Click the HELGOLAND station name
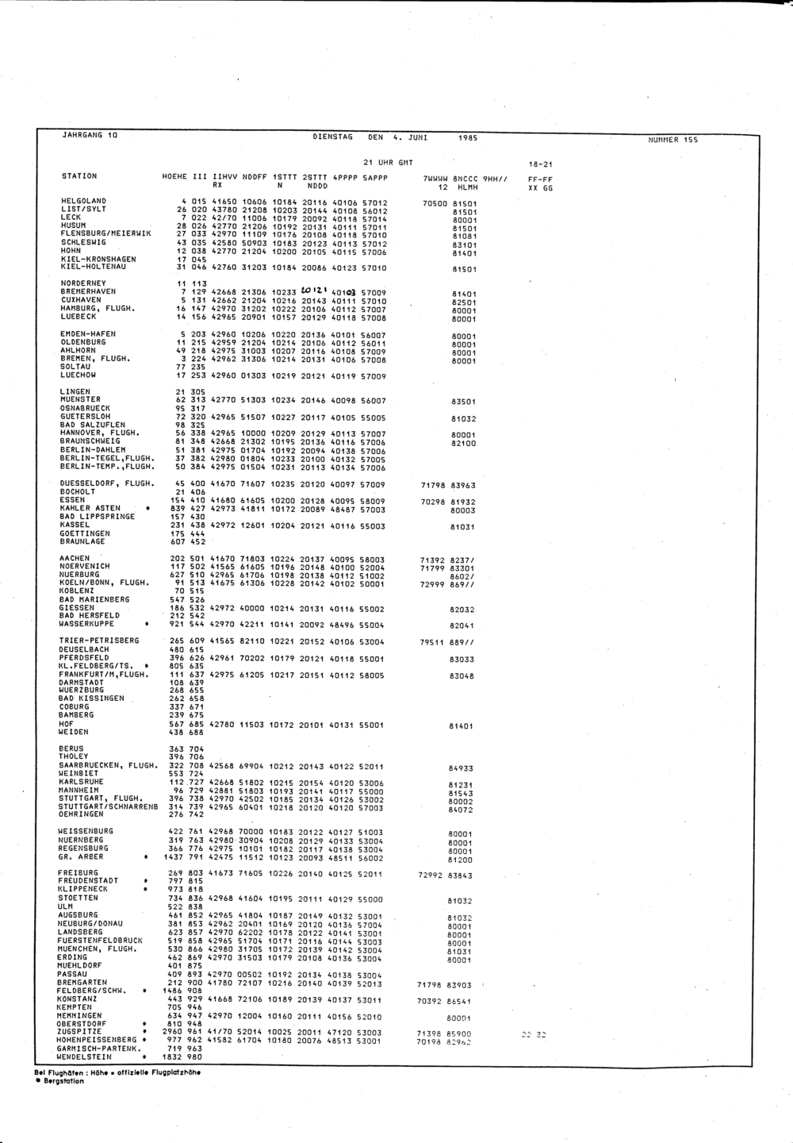point(84,202)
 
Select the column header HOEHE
point(174,176)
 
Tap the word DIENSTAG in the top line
point(333,137)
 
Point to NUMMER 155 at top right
point(673,140)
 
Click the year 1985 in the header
point(468,138)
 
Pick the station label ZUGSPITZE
point(77,1033)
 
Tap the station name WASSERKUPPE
point(86,624)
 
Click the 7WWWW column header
point(436,179)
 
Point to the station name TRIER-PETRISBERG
point(98,641)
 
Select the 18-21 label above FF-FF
point(540,164)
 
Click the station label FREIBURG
point(78,873)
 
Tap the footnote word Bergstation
point(64,1081)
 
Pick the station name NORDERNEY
point(82,283)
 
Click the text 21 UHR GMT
point(388,162)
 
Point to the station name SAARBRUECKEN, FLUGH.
point(106,765)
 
